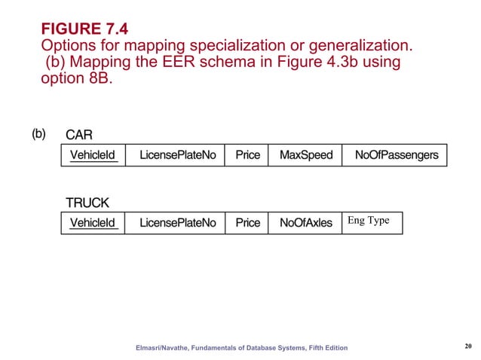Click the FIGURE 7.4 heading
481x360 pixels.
click(84, 29)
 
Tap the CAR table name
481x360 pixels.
click(79, 136)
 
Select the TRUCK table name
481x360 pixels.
click(87, 203)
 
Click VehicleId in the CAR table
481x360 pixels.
click(93, 155)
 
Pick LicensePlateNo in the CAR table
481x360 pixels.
click(178, 155)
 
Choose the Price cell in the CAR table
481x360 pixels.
click(247, 155)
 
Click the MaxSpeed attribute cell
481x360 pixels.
click(305, 155)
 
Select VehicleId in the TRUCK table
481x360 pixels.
click(93, 223)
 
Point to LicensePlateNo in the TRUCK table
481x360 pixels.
click(178, 223)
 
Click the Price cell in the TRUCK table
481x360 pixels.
click(247, 223)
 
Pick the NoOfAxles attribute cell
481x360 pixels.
click(305, 223)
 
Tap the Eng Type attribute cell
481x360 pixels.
click(369, 221)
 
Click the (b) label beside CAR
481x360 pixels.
click(38, 134)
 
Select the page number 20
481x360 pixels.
click(467, 346)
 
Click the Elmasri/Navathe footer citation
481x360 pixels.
click(242, 347)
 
